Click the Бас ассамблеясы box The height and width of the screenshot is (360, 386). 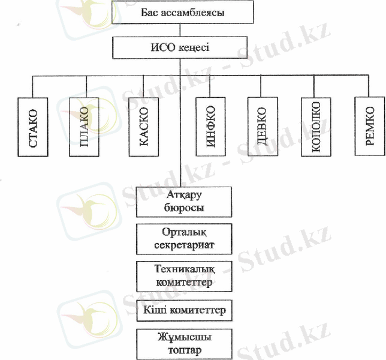[x=180, y=12]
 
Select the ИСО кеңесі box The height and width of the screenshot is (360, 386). [x=180, y=47]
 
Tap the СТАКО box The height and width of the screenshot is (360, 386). [x=33, y=127]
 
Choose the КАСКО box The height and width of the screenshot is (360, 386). [x=143, y=127]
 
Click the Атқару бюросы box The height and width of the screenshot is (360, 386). [x=184, y=202]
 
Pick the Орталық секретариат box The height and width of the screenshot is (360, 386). [x=184, y=239]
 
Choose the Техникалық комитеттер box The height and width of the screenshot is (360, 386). [x=184, y=274]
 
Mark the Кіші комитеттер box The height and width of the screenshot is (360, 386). [x=184, y=311]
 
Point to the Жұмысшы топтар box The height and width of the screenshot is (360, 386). [x=184, y=343]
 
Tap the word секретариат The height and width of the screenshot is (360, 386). [x=184, y=245]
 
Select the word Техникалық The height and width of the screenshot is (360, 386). [x=184, y=268]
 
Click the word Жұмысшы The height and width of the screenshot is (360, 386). [x=184, y=337]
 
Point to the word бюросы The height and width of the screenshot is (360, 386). [x=184, y=208]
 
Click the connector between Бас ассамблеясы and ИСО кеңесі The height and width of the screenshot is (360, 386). [x=180, y=30]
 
